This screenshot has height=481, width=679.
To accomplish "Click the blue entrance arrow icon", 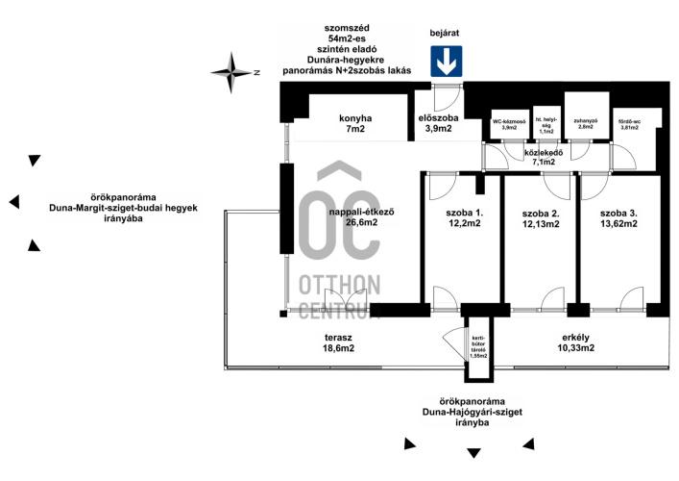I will [x=445, y=63].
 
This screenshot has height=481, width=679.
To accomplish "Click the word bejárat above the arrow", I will [x=445, y=33].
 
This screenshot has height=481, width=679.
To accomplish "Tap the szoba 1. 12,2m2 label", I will [x=463, y=217].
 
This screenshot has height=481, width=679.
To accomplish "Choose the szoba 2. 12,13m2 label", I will [x=541, y=217].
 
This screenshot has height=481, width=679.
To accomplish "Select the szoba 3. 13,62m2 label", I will [x=618, y=217].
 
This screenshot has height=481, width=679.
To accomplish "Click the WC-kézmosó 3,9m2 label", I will [x=510, y=124].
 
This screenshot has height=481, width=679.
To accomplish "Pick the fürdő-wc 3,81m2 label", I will [x=630, y=124].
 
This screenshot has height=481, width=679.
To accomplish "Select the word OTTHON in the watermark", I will [x=339, y=286].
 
